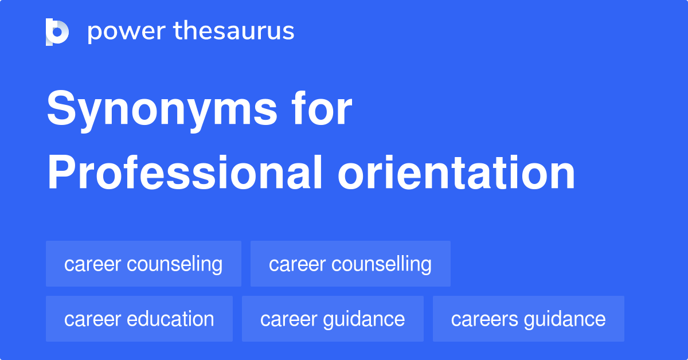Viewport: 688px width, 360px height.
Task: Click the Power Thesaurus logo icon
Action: click(57, 32)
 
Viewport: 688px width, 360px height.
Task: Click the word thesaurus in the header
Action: click(234, 32)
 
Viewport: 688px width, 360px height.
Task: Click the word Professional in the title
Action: click(185, 173)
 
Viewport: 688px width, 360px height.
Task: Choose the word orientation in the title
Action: click(456, 173)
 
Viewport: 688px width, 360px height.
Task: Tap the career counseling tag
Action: click(143, 264)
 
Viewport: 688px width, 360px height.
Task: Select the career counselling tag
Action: click(350, 264)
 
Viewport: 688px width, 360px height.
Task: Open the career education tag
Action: click(139, 319)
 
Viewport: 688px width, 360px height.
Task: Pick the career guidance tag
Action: click(333, 319)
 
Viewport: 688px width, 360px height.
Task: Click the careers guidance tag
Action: click(528, 319)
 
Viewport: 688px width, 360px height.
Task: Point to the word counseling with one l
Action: click(174, 265)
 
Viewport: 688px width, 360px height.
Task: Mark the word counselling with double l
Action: click(382, 265)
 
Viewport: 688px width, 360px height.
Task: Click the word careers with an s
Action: click(483, 319)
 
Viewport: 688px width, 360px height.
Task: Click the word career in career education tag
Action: click(92, 319)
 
